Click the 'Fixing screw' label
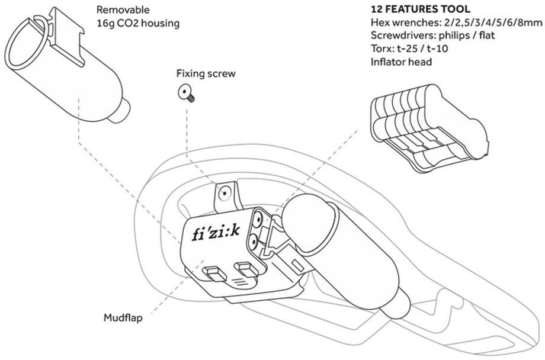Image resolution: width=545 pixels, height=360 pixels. (206, 74)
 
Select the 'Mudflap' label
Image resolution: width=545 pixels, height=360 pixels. (123, 317)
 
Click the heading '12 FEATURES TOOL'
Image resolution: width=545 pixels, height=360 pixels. (420, 10)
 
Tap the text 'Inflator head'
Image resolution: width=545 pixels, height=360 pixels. (401, 61)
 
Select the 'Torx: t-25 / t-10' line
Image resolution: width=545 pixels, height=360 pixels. (410, 49)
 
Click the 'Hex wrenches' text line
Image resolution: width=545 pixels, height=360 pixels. (456, 23)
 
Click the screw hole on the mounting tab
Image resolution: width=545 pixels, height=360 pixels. (224, 192)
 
